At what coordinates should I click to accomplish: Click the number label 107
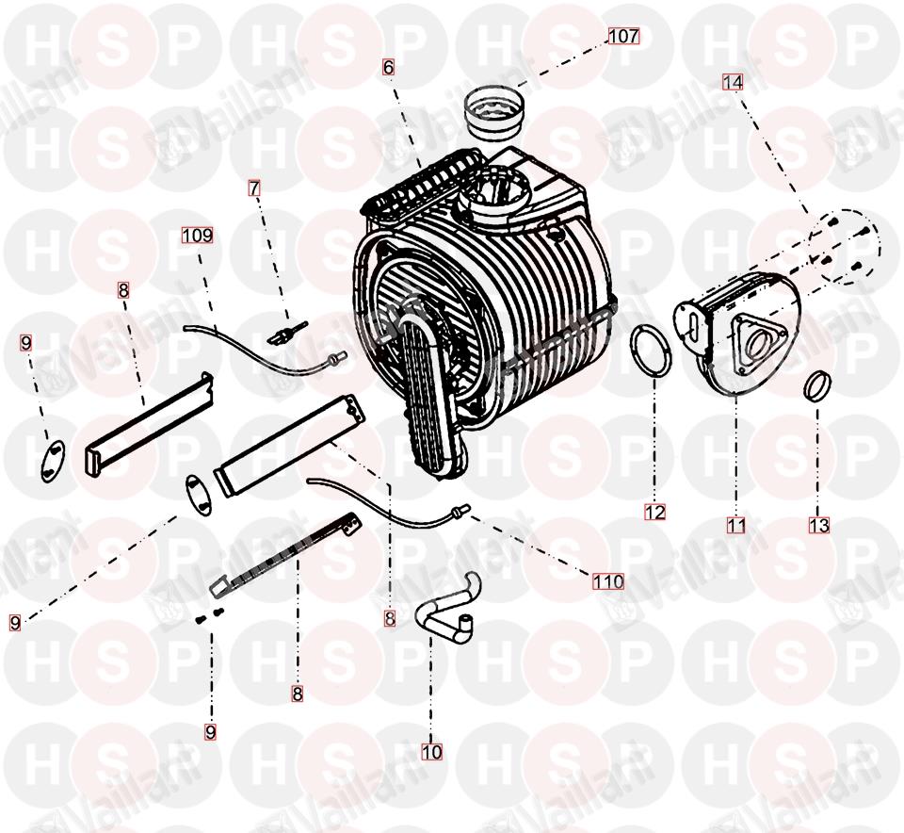pos(623,36)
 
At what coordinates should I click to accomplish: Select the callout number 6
pos(389,68)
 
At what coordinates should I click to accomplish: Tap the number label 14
pos(733,82)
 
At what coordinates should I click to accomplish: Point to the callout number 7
pos(254,188)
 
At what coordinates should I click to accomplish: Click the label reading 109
pos(197,235)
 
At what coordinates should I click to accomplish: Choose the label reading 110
pos(608,580)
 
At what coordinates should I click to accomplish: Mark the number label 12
pos(655,512)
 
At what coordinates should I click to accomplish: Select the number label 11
pos(736,525)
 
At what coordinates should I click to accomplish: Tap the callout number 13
pos(818,525)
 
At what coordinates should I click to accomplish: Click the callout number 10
pos(432,752)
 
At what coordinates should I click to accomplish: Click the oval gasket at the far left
pos(54,459)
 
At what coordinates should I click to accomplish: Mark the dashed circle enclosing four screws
pos(843,246)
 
